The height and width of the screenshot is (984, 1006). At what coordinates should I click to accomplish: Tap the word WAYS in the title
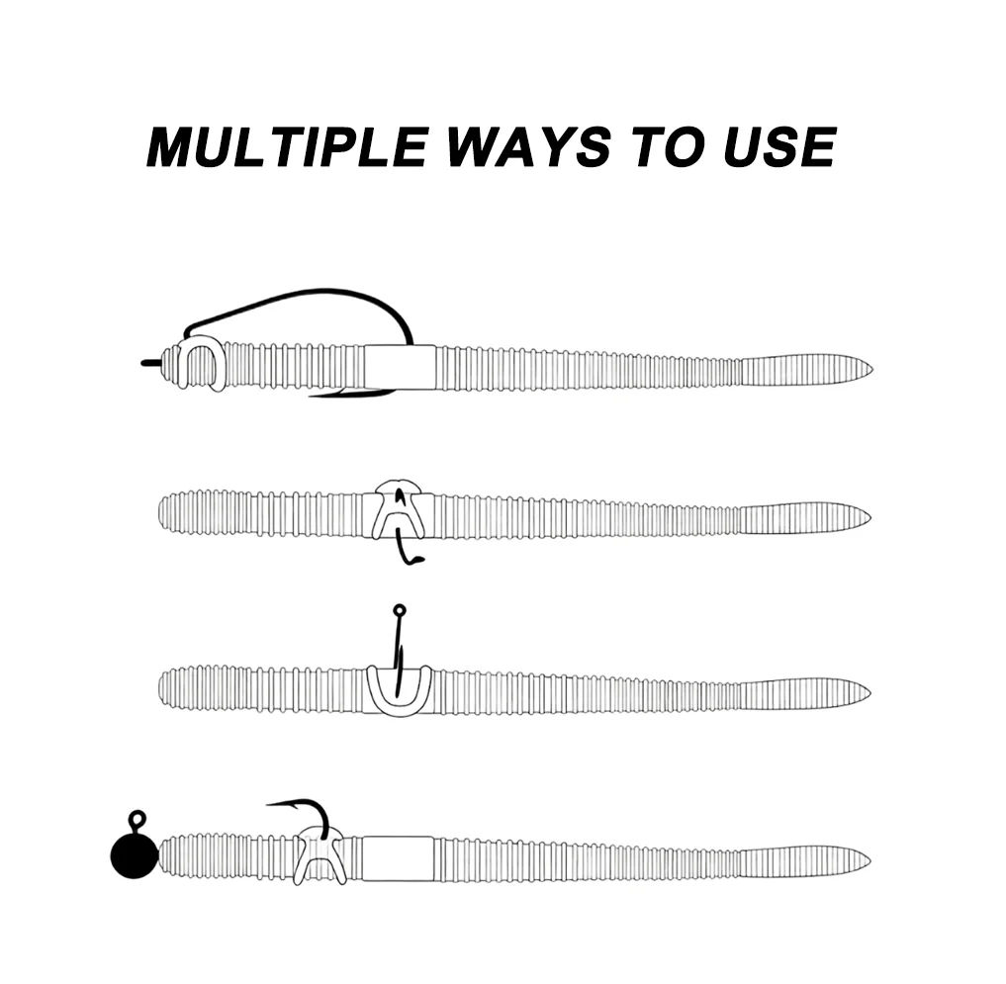[529, 147]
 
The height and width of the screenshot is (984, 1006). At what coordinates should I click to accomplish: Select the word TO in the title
[668, 147]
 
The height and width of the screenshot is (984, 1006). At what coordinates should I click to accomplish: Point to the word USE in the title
[780, 147]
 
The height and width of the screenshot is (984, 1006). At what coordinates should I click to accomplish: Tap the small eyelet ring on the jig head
[137, 819]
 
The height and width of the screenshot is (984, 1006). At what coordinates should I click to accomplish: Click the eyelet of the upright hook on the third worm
[399, 610]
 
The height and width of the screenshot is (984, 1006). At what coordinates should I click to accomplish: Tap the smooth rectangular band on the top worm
[401, 367]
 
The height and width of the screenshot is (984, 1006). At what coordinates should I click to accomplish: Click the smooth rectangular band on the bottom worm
[398, 858]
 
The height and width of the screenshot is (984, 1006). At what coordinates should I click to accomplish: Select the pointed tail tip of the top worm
[871, 369]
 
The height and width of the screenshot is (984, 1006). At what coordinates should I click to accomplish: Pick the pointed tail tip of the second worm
[869, 517]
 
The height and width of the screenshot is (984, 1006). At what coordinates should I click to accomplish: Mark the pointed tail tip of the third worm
[869, 693]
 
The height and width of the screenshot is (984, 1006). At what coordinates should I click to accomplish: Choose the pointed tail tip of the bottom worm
[869, 859]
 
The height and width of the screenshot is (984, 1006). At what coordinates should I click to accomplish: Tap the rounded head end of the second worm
[160, 513]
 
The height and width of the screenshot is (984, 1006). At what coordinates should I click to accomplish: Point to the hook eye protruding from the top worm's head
[148, 363]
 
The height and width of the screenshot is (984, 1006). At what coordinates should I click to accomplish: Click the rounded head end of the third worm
[160, 689]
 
